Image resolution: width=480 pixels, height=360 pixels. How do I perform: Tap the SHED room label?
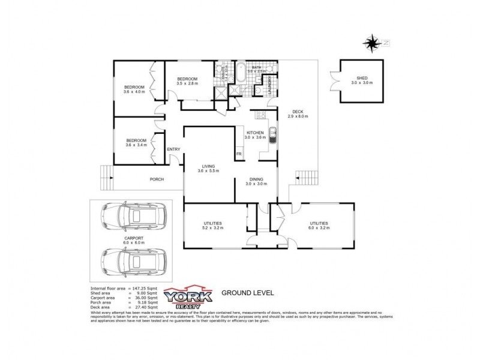pos(362,77)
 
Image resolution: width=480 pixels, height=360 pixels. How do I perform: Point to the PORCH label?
pos(157,179)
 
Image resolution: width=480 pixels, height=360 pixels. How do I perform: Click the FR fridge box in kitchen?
pos(238,154)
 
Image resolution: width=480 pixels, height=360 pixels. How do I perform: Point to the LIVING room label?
pos(208,166)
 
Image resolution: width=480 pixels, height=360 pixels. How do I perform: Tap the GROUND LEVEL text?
pos(248,293)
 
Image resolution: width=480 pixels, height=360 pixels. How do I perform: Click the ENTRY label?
pos(173,149)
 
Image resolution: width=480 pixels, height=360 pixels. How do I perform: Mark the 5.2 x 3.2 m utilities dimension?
pos(213,228)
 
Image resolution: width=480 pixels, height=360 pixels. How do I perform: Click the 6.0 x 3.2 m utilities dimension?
pos(318,228)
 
